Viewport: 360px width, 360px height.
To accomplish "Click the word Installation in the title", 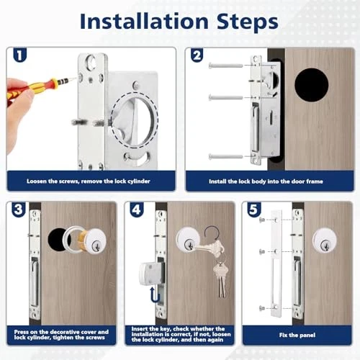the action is point(144,22).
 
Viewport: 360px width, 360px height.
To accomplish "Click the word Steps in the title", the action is point(248,22).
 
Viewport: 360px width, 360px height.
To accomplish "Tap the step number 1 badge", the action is point(20,55).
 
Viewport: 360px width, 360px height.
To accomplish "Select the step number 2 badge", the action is point(197,55).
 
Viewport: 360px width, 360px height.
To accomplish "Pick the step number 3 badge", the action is point(19,210).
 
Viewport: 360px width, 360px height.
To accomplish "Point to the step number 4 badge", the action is point(137,210).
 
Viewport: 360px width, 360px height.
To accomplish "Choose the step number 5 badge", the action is point(254,210).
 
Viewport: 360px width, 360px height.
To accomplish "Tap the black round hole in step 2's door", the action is point(311,85).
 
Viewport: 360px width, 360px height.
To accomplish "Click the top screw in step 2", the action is point(225,65).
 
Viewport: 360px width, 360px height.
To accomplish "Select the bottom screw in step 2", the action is point(225,157).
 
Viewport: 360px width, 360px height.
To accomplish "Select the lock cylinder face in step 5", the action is point(325,240).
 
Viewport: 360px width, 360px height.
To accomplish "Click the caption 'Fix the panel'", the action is point(297,335).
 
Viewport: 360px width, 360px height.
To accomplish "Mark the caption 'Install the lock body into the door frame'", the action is point(266,181).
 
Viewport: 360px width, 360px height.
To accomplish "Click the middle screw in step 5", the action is point(262,252).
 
